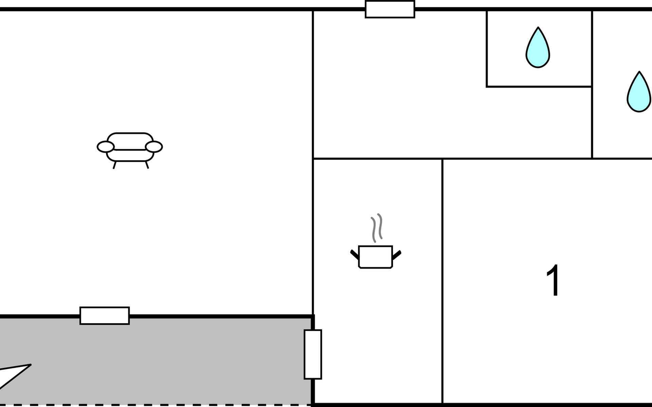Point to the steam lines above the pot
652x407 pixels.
pyautogui.click(x=377, y=228)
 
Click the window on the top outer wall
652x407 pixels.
pyautogui.click(x=390, y=9)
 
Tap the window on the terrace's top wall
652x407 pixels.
pyautogui.click(x=105, y=316)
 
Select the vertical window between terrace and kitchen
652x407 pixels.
pyautogui.click(x=313, y=354)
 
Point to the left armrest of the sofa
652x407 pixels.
pyautogui.click(x=106, y=147)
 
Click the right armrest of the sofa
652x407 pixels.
pyautogui.click(x=154, y=147)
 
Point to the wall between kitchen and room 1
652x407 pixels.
pyautogui.click(x=442, y=282)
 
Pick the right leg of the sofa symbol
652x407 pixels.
pyautogui.click(x=147, y=165)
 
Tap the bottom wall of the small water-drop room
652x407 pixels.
pyautogui.click(x=539, y=87)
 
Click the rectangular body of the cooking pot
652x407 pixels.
pyautogui.click(x=376, y=257)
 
